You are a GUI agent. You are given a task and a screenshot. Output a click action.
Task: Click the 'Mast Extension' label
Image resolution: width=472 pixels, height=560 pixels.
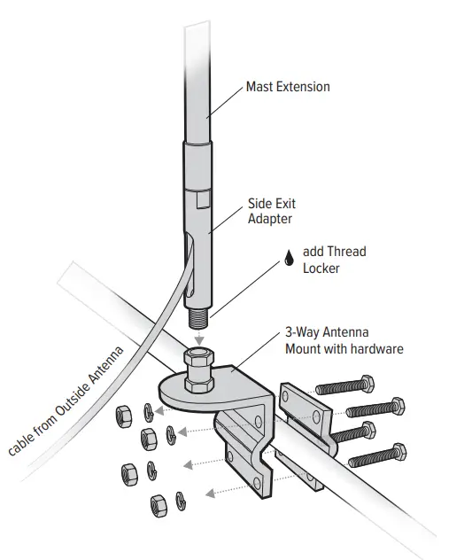[287, 87]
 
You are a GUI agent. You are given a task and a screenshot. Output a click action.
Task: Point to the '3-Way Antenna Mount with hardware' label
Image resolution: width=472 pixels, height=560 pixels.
[344, 341]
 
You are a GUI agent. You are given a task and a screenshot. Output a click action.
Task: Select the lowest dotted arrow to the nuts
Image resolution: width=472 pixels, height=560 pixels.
[221, 487]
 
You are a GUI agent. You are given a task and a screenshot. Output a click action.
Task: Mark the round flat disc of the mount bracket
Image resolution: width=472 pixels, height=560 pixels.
[177, 390]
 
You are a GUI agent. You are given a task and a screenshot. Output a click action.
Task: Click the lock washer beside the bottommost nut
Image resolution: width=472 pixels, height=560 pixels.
[182, 498]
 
